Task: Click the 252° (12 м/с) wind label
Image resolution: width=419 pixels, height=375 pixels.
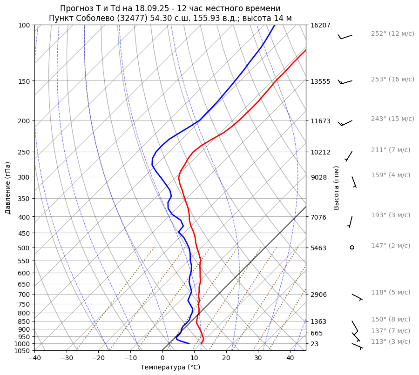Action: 392,33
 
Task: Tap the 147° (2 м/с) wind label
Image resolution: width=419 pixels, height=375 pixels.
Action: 391,246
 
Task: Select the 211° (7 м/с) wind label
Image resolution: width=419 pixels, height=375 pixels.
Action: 391,150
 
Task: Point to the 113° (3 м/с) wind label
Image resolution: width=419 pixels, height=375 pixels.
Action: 391,342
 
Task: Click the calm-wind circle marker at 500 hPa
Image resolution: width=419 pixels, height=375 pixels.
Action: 352,248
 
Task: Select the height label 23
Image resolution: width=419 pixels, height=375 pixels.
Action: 314,344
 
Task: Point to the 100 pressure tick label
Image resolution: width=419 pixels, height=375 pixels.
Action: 25,25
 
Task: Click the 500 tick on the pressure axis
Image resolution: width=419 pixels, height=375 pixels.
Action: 25,248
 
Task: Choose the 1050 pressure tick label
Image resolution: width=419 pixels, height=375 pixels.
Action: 23,351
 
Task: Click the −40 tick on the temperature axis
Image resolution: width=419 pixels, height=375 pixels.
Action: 34,358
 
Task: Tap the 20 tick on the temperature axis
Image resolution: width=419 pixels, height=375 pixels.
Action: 226,358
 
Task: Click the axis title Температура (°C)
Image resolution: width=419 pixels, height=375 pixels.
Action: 170,368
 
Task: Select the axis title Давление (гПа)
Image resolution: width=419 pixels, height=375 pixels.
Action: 8,187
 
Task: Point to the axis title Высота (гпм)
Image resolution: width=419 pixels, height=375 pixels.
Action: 337,187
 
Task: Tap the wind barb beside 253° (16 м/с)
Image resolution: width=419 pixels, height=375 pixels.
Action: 345,82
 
